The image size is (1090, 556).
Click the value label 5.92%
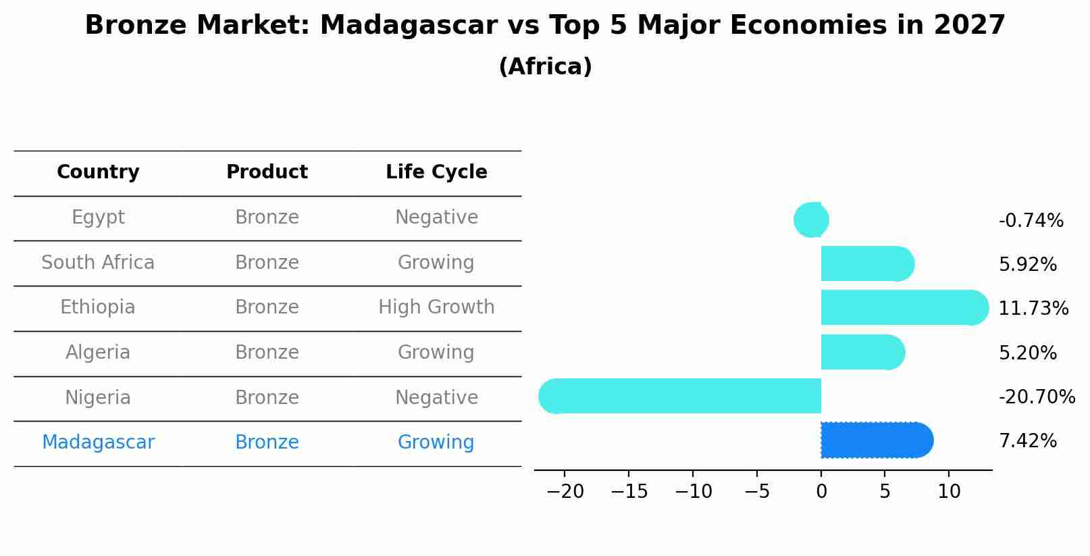point(1027,264)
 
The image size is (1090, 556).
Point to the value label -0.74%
point(1031,220)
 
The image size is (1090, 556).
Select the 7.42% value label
point(1027,440)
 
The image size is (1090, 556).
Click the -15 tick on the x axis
point(629,491)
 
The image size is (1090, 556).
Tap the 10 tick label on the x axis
point(949,491)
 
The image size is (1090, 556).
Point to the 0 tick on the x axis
point(821,491)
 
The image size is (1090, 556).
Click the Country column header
point(98,172)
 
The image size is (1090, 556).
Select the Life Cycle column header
point(436,172)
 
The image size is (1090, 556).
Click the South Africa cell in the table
point(98,262)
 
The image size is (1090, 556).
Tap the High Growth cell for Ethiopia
point(436,307)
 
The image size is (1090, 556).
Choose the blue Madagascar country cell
point(98,443)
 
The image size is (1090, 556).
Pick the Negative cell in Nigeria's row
point(436,397)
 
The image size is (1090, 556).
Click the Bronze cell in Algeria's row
point(267,352)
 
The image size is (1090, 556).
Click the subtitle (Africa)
point(545,66)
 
